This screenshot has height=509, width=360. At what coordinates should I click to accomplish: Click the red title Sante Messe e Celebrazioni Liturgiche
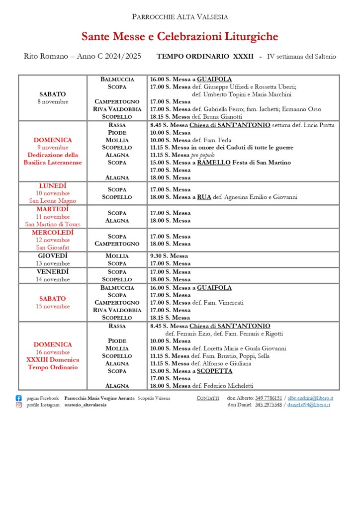180,37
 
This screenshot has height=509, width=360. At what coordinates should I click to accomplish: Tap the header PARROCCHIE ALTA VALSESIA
180,17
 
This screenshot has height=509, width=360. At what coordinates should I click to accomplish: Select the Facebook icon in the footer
19,398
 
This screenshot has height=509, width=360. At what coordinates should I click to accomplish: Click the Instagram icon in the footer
19,405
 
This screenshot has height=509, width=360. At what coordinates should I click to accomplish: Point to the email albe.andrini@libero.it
310,398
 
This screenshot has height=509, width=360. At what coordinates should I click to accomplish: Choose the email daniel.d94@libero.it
309,405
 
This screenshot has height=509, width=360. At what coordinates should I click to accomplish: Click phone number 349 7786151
269,398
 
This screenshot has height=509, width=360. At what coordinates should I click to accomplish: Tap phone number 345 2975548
269,405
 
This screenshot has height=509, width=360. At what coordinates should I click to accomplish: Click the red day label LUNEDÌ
53,186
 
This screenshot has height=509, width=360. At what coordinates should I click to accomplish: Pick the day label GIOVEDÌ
53,255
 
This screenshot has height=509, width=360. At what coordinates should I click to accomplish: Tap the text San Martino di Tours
53,224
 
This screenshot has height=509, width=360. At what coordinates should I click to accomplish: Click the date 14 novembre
53,279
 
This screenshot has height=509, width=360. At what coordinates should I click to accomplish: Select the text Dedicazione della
53,155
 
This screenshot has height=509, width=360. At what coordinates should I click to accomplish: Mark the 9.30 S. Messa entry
169,256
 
